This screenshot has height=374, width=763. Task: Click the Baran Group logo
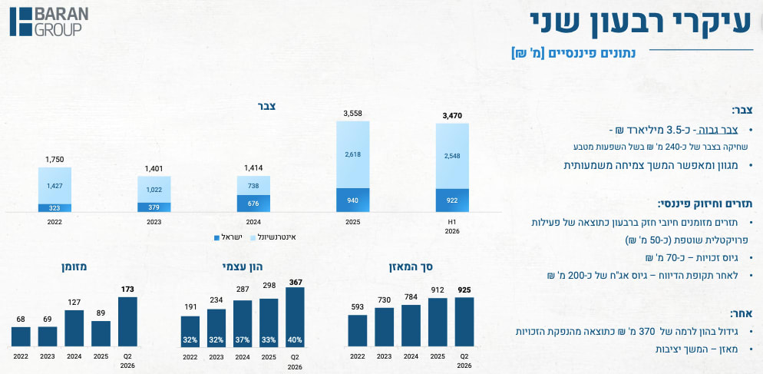tap(49, 22)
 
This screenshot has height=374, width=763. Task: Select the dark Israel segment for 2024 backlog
tap(253, 204)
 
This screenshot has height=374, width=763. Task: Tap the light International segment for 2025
tap(353, 155)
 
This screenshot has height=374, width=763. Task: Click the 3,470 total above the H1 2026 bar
tap(452, 116)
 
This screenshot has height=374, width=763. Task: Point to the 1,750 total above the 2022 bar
tap(54, 159)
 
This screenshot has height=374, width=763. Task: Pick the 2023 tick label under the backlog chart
tap(154, 222)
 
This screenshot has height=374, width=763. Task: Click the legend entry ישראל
tap(228, 237)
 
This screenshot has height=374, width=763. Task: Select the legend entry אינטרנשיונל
tap(272, 237)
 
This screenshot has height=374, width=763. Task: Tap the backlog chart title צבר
tap(266, 106)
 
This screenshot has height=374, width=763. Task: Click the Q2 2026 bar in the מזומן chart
tap(127, 322)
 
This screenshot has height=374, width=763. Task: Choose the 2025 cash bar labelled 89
tap(101, 333)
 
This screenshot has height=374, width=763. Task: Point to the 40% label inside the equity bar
tap(295, 339)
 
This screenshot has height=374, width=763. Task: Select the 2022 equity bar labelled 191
tap(190, 332)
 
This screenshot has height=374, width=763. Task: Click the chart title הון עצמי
tap(243, 266)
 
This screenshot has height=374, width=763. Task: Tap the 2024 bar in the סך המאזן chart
tap(411, 326)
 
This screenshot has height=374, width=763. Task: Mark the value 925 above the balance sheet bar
tap(464, 290)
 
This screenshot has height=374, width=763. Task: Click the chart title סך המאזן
tap(411, 266)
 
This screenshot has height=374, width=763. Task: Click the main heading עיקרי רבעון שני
tap(641, 22)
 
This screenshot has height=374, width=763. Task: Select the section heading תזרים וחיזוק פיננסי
tap(705, 204)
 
